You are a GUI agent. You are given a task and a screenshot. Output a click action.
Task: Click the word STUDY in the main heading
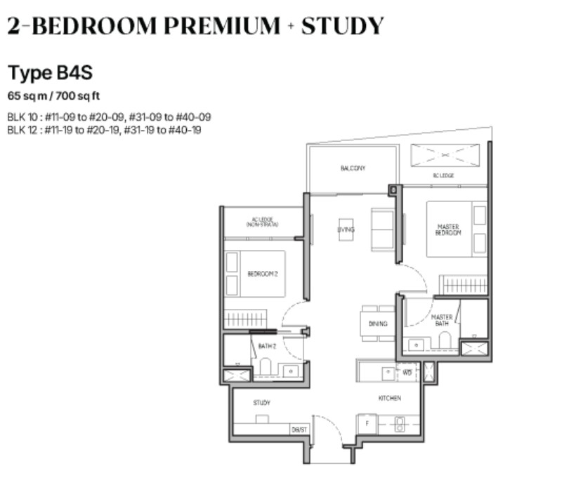click(342, 26)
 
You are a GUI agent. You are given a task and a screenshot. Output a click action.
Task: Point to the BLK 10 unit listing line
click(109, 117)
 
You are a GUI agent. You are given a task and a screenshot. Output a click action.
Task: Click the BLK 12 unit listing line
click(105, 129)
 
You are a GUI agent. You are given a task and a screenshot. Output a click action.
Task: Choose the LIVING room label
click(346, 230)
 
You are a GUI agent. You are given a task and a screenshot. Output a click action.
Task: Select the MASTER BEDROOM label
click(448, 230)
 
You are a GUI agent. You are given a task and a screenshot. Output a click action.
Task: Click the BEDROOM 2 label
click(263, 274)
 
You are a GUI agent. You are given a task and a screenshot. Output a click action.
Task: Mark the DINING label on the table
click(378, 324)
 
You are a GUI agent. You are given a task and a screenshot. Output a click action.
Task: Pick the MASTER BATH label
click(441, 320)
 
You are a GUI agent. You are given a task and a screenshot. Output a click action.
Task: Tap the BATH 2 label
click(267, 346)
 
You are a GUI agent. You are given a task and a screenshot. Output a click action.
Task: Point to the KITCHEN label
click(390, 398)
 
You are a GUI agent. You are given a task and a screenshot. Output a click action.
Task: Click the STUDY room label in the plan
click(261, 403)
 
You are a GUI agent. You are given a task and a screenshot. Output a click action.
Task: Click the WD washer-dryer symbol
click(407, 373)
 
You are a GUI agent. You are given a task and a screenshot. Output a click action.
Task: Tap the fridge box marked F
click(367, 425)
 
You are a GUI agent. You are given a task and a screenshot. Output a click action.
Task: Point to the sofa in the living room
click(384, 228)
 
